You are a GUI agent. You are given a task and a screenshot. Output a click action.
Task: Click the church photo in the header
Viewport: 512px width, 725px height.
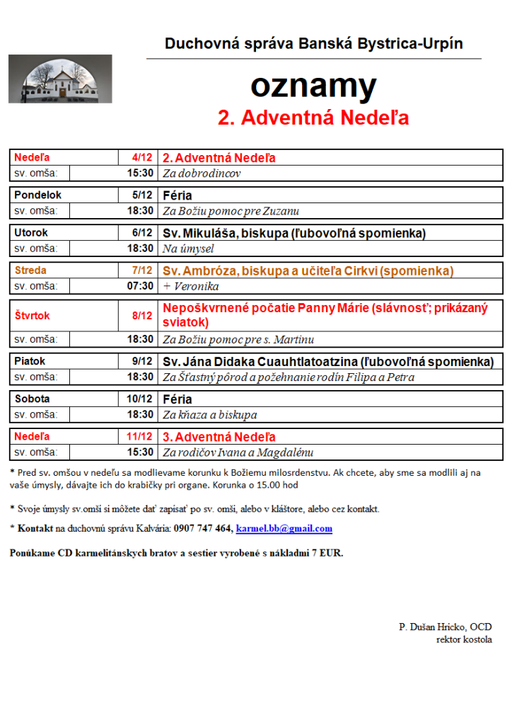[60, 79]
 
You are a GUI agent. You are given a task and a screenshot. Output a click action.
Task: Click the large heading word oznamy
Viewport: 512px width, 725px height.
[313, 86]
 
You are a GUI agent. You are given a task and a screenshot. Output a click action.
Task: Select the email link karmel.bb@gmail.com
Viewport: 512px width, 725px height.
[284, 528]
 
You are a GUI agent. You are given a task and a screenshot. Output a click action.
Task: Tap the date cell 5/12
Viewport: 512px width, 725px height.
[141, 195]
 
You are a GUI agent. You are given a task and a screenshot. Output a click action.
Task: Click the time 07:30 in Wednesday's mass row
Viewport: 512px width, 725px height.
[140, 286]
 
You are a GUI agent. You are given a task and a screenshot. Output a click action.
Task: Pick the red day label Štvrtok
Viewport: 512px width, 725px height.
[33, 316]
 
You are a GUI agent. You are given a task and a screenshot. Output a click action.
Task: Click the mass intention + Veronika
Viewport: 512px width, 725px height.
[190, 286]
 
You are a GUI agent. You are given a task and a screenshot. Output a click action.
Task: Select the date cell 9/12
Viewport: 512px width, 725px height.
[144, 361]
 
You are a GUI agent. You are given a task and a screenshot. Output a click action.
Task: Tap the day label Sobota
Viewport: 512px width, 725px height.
[32, 399]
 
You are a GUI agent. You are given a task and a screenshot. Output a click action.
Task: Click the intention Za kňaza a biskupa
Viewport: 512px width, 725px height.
[210, 415]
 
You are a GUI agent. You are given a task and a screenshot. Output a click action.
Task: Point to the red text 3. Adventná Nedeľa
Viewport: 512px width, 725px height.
[219, 436]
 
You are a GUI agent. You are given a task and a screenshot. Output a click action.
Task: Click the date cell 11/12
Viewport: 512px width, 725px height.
[141, 436]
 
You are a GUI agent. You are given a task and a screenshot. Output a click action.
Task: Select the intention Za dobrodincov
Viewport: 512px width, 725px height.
[202, 173]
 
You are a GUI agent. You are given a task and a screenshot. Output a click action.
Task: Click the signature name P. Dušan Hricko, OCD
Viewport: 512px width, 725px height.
[446, 627]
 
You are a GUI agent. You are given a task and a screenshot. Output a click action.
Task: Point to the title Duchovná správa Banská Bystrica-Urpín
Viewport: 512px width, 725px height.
[313, 44]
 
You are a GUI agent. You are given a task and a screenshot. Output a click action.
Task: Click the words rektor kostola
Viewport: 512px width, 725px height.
[464, 639]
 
